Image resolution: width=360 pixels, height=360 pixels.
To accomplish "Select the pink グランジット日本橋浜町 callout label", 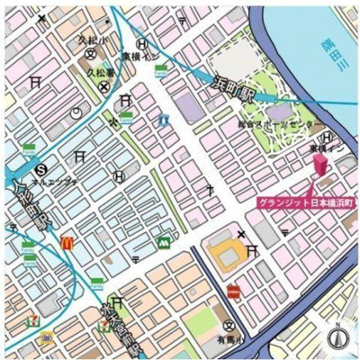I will tap(307, 203).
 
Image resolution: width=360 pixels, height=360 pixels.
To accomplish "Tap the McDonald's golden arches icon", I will tap(65, 241).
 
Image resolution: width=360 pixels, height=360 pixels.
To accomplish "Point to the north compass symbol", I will tap(338, 338).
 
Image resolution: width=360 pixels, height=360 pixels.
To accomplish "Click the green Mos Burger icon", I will tap(163, 240).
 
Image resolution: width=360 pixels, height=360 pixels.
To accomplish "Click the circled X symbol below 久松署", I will tap(103, 87).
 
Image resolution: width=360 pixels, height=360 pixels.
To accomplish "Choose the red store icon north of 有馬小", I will tap(234, 291).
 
